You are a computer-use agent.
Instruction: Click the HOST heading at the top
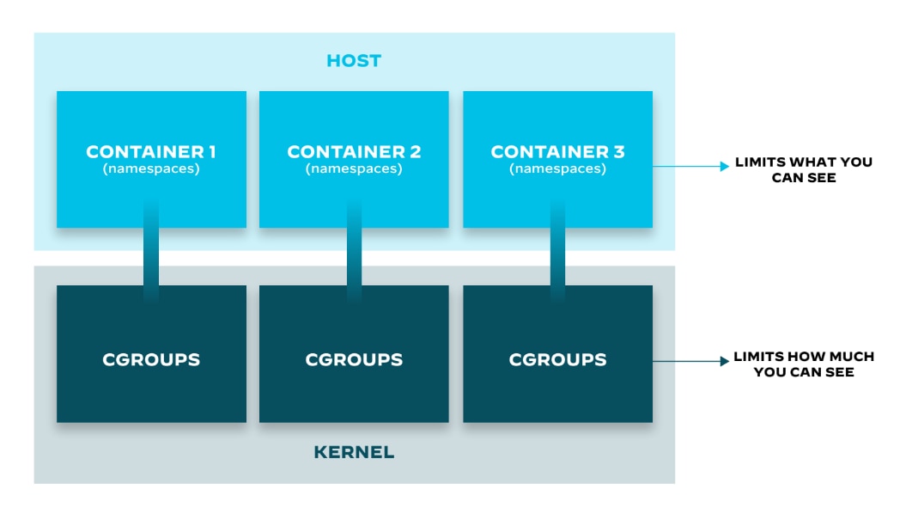pos(354,61)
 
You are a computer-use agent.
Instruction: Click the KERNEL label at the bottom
pos(354,452)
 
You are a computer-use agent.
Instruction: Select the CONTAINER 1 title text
pos(151,152)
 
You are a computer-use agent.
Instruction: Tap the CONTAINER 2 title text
pos(354,152)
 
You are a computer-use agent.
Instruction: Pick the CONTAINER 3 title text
pos(557,152)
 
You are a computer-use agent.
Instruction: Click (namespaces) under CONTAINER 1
pos(151,169)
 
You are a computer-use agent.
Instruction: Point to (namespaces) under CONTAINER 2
pos(354,169)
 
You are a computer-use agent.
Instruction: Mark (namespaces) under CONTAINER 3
pos(557,169)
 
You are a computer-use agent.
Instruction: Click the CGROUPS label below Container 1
pos(151,359)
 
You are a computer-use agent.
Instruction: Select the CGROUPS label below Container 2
pos(354,359)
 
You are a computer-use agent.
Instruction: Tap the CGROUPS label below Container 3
pos(557,359)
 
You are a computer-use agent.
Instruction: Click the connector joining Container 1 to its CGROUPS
pos(151,256)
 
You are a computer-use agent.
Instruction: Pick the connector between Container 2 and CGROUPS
pos(354,256)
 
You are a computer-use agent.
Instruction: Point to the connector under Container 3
pos(557,256)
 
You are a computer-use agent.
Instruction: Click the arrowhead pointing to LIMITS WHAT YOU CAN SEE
pos(724,167)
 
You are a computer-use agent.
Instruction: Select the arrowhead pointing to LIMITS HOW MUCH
pos(724,362)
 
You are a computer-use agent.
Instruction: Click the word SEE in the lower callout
pos(840,372)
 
